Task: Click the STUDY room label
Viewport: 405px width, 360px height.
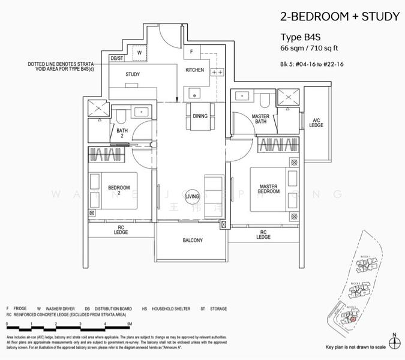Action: (x=133, y=74)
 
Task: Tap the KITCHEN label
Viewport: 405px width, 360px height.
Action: (x=194, y=70)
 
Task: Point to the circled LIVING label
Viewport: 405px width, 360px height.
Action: (x=193, y=196)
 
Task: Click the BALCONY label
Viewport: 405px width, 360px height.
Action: (x=193, y=240)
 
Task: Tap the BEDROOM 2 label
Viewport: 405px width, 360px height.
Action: (x=118, y=191)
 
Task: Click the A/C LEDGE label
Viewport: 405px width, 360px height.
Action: (x=316, y=122)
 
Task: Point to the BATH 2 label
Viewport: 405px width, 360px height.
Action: (x=122, y=133)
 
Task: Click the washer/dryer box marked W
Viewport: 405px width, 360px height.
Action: (x=139, y=53)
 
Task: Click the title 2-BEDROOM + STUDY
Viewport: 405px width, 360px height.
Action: (x=340, y=16)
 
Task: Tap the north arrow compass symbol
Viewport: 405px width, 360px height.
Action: (x=393, y=341)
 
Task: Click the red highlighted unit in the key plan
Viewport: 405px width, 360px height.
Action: (x=353, y=319)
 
